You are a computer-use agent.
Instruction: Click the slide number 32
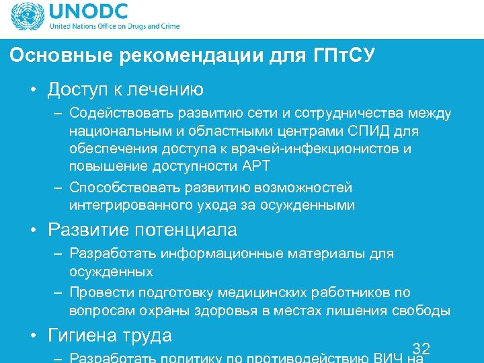(x=421, y=348)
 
